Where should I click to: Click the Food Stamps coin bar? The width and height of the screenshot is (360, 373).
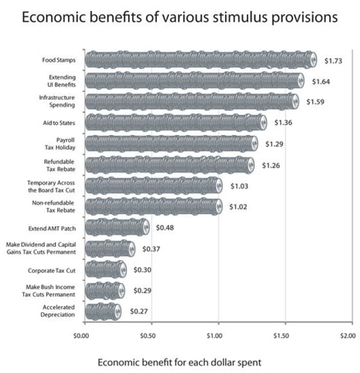(x=201, y=60)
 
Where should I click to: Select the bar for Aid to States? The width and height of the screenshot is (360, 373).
(x=175, y=122)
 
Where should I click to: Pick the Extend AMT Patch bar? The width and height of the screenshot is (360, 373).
(x=117, y=227)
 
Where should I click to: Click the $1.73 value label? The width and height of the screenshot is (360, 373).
(x=334, y=60)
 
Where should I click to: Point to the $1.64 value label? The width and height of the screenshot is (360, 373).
(x=321, y=81)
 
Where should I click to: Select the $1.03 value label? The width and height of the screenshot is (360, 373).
(x=240, y=186)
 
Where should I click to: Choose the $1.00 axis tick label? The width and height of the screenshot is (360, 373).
(x=215, y=334)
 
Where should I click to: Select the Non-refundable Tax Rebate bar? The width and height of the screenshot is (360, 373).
(x=153, y=206)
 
